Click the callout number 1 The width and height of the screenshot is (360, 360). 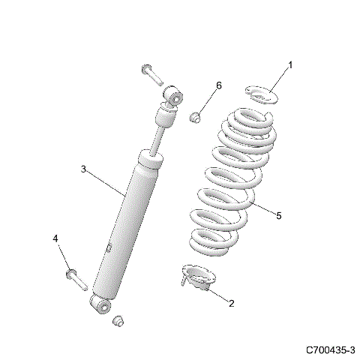[291, 64]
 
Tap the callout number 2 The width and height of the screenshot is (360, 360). [231, 304]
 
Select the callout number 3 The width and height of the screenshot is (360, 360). [83, 169]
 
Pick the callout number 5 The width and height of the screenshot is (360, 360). [278, 216]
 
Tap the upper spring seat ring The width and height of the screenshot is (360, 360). [260, 95]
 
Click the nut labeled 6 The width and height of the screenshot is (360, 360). [193, 116]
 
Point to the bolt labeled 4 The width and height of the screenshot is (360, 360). [75, 277]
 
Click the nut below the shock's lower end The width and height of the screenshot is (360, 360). [116, 321]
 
